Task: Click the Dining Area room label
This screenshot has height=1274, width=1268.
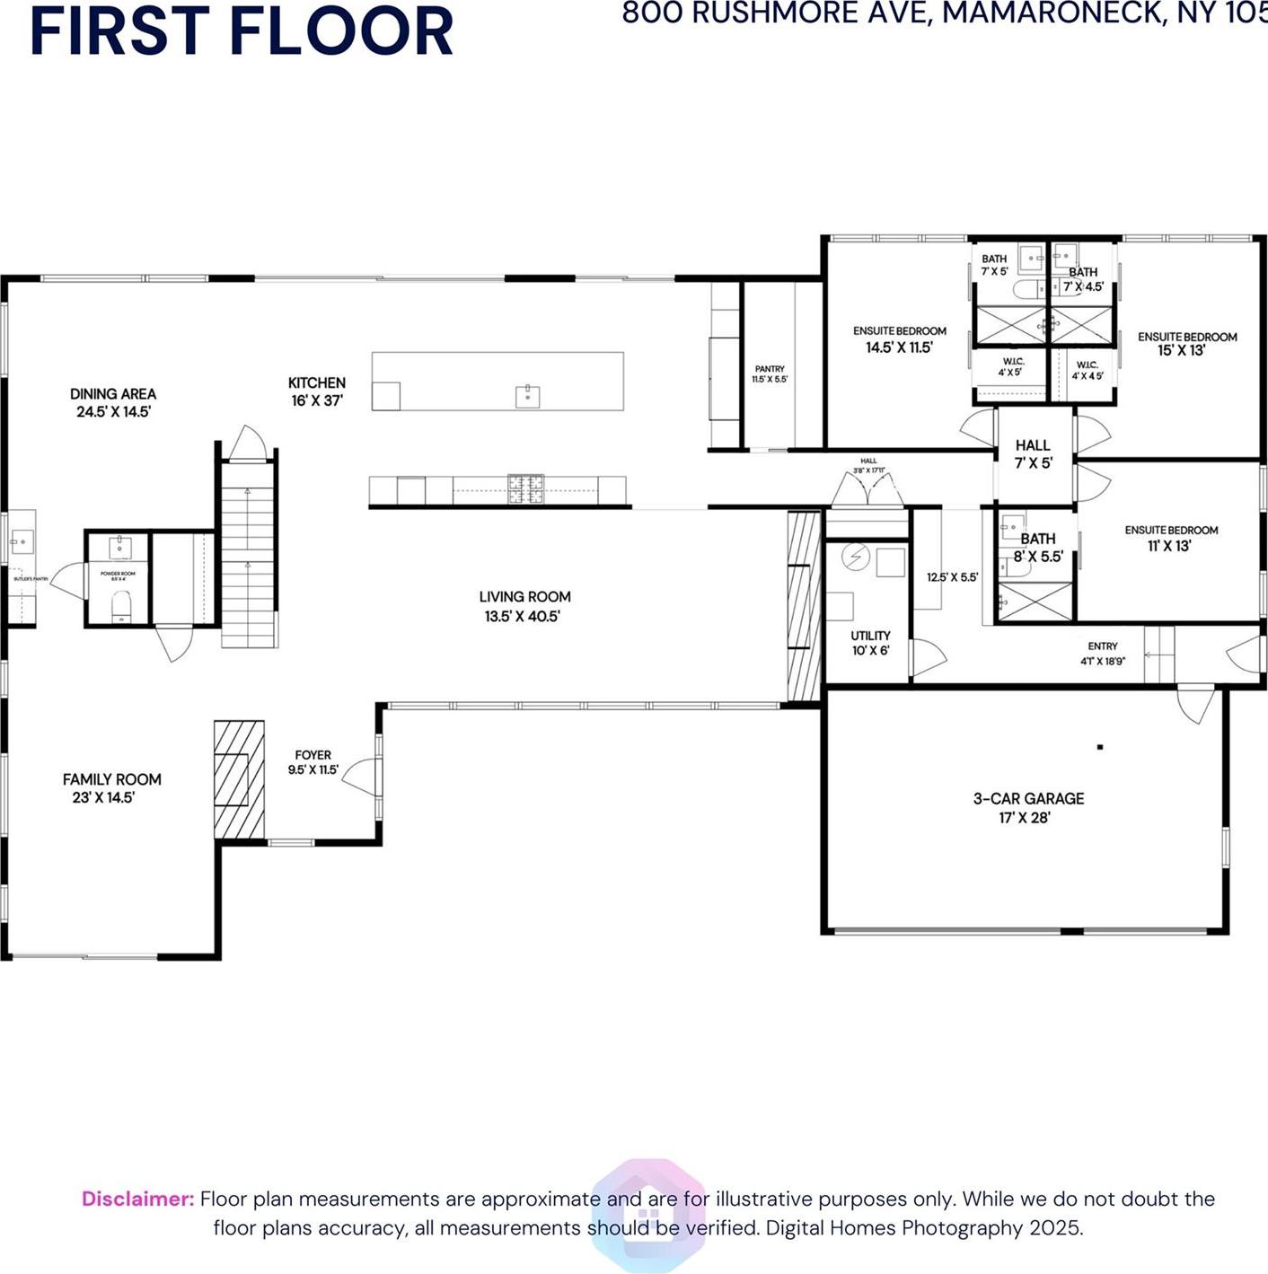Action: [112, 402]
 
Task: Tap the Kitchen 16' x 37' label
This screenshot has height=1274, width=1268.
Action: [317, 391]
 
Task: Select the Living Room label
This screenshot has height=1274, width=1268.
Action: [524, 606]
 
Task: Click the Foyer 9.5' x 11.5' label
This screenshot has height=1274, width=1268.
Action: [313, 762]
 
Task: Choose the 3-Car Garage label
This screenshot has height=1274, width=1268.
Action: [1028, 807]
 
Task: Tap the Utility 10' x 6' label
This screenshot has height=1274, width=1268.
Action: [870, 643]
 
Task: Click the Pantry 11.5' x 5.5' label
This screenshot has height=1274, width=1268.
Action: [770, 373]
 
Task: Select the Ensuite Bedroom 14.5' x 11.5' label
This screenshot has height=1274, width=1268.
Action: [899, 339]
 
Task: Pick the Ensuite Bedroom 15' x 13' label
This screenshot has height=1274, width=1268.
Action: [1186, 343]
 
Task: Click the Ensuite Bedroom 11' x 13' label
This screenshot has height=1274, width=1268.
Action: [1171, 538]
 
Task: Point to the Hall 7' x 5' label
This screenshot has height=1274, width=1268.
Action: [1033, 453]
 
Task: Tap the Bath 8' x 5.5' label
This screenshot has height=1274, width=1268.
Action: [1038, 547]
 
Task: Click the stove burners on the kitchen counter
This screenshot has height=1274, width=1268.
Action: [526, 488]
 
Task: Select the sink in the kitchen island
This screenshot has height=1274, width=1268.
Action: [527, 396]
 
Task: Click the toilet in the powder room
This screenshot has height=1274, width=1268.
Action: [119, 610]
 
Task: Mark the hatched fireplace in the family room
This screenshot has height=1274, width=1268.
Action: [239, 779]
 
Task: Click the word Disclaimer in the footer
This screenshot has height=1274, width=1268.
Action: [137, 1199]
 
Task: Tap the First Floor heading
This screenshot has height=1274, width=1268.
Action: [241, 31]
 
